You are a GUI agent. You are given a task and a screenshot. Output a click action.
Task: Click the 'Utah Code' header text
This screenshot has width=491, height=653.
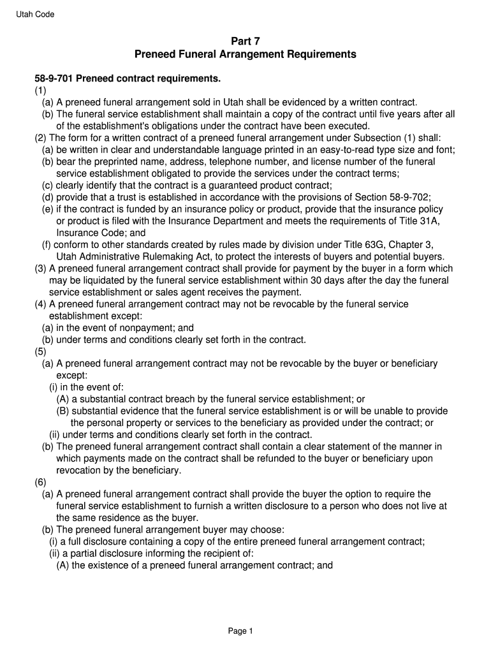pyautogui.click(x=35, y=15)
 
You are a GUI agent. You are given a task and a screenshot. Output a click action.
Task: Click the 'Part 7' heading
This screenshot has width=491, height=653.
pyautogui.click(x=246, y=41)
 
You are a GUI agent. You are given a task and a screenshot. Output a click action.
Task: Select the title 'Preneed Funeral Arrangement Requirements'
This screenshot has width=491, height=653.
pyautogui.click(x=246, y=55)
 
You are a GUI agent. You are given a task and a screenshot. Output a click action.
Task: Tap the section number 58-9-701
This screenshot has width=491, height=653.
pyautogui.click(x=54, y=78)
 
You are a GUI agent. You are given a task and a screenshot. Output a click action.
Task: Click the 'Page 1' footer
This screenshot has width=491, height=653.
pyautogui.click(x=241, y=631)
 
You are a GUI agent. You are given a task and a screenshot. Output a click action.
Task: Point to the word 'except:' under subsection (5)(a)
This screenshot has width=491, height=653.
pyautogui.click(x=71, y=376)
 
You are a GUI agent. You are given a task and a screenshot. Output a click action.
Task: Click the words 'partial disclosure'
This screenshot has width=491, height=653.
pyautogui.click(x=106, y=553)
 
